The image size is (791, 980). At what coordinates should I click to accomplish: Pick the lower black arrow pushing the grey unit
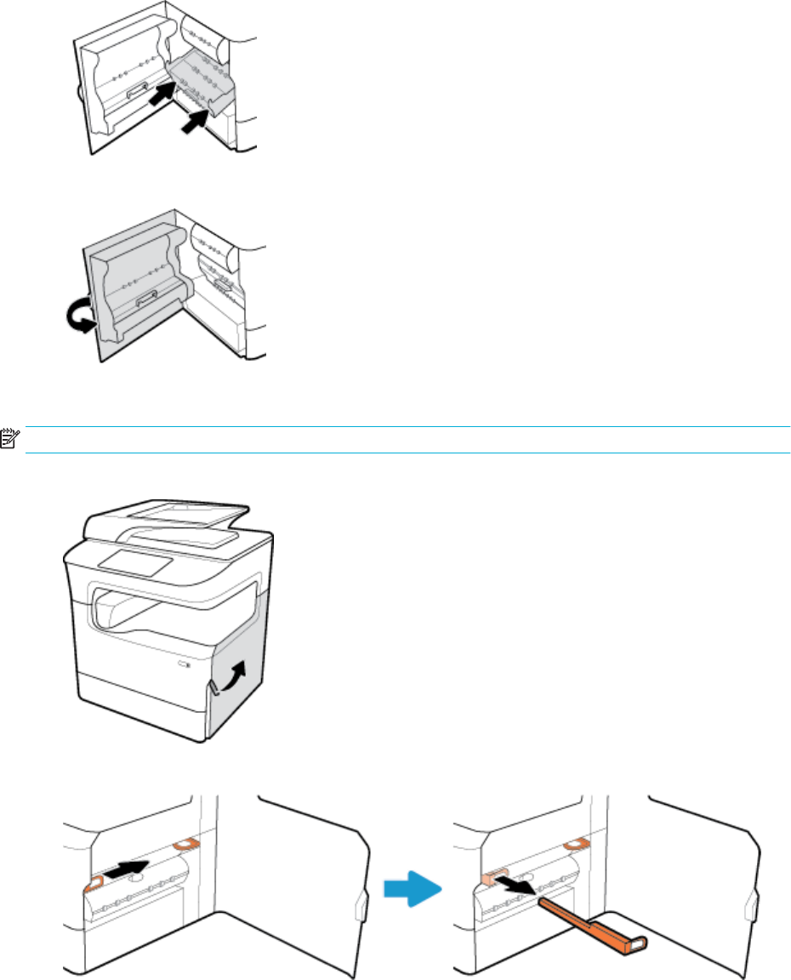(x=195, y=120)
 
